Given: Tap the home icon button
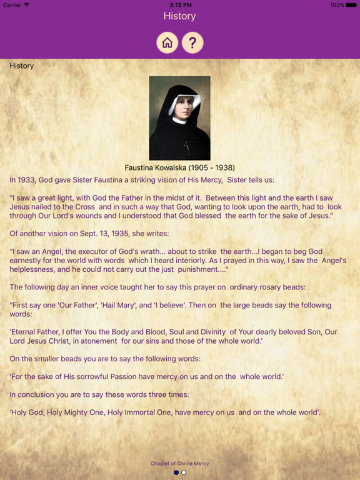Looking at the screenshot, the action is [167, 42].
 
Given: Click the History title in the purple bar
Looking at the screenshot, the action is [179, 16].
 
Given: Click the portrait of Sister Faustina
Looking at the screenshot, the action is [179, 118].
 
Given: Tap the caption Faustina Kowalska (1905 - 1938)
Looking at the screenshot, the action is [180, 167].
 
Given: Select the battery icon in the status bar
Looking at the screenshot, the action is [352, 5].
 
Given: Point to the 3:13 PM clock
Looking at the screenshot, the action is [179, 5].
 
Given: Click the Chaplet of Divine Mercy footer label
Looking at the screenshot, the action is [179, 464].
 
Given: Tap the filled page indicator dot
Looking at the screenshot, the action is [176, 472].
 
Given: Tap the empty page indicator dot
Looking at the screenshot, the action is [184, 472].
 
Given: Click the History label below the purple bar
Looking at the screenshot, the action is [22, 66].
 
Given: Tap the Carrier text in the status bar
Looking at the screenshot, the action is [12, 5].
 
